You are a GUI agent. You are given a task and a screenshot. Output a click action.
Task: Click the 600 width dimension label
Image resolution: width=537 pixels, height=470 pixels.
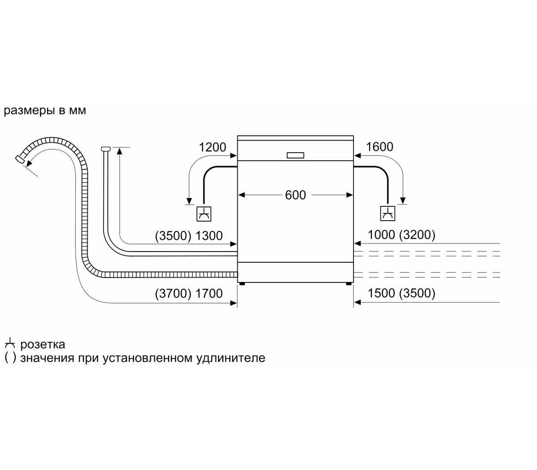(x=295, y=195)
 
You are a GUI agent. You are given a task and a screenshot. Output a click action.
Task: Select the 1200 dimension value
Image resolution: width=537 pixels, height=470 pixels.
(x=213, y=147)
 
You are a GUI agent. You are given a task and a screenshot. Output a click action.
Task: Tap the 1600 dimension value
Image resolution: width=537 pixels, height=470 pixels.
(x=379, y=147)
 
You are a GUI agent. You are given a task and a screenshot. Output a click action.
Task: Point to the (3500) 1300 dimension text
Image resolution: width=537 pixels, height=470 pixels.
(x=188, y=236)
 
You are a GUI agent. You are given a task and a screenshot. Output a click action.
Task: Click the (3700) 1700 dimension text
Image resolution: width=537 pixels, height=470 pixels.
(x=188, y=293)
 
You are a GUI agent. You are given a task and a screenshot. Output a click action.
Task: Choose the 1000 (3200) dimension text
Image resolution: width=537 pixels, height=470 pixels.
(x=401, y=235)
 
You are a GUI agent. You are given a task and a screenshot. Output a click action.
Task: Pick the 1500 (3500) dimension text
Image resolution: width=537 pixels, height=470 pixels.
(x=401, y=293)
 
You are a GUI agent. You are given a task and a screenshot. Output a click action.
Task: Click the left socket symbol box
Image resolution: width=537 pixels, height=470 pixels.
(x=205, y=214)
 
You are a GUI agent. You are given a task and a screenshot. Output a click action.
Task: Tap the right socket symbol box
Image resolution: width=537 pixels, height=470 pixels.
(x=388, y=213)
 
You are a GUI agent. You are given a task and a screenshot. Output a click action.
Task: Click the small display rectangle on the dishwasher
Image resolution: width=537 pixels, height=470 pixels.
(x=295, y=155)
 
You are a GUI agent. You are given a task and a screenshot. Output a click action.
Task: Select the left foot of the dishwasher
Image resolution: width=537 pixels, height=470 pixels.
(x=242, y=283)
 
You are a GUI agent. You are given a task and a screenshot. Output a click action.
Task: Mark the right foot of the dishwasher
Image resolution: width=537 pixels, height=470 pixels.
(x=349, y=283)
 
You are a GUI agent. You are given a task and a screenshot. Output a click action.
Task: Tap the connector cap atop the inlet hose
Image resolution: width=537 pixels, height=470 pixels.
(x=106, y=148)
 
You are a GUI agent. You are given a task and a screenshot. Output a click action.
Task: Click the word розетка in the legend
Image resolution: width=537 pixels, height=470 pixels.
(x=43, y=344)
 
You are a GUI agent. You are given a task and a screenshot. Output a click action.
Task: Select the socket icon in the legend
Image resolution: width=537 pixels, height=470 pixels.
(x=10, y=344)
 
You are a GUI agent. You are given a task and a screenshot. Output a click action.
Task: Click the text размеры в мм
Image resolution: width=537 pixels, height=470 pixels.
(x=45, y=111)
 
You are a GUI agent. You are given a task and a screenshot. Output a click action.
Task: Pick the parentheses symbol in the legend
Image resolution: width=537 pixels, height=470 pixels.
(x=10, y=358)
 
